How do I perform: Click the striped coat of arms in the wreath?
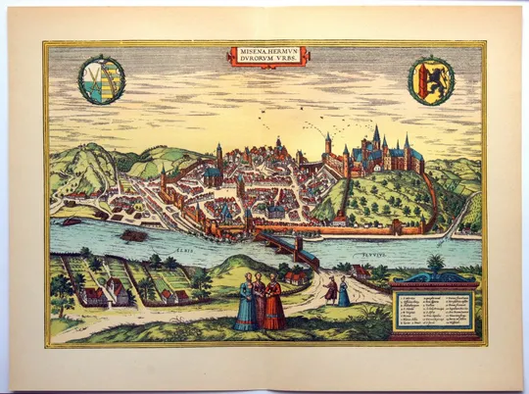click(101, 79)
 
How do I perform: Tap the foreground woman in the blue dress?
click(244, 305)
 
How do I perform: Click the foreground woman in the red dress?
click(274, 305)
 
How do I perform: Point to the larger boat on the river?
click(134, 235)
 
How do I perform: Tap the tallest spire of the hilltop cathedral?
click(375, 137)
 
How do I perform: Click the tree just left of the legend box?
click(434, 265)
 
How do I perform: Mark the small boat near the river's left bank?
click(72, 222)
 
